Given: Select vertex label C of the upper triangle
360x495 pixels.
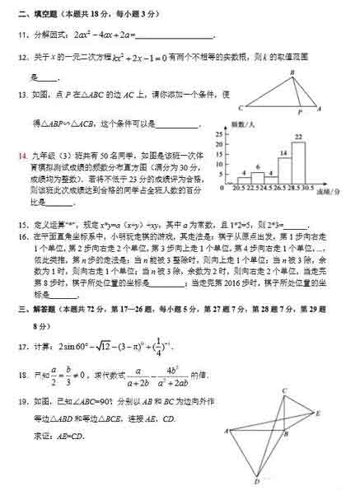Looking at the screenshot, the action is [240, 109].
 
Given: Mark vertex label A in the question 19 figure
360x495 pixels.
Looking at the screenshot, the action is [226, 430].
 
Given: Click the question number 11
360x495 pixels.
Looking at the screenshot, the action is [25, 35].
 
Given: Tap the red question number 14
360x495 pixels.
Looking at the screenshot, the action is [25, 153].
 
